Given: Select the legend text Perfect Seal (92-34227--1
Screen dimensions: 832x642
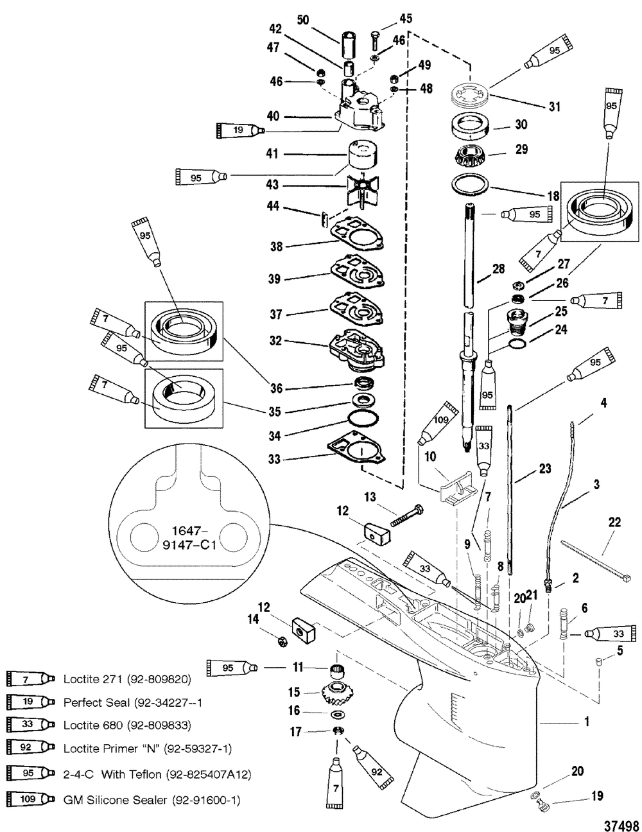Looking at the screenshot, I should pyautogui.click(x=133, y=702).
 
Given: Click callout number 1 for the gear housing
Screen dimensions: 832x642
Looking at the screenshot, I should pyautogui.click(x=586, y=722).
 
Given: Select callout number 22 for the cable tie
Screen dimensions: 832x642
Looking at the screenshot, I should pyautogui.click(x=614, y=523).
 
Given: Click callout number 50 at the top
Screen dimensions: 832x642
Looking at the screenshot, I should pyautogui.click(x=302, y=20).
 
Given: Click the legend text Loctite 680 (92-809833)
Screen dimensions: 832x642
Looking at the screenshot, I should pyautogui.click(x=127, y=725).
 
